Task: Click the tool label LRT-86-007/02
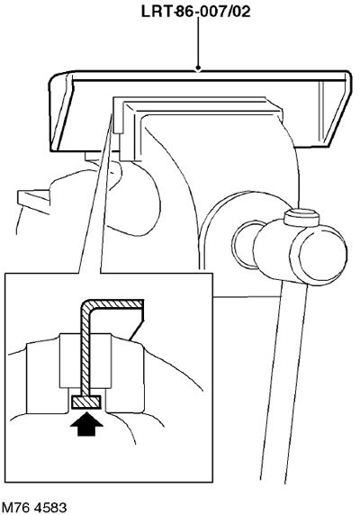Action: (x=196, y=12)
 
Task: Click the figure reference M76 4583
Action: (x=34, y=508)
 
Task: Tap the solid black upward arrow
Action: (x=86, y=424)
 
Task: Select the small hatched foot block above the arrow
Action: (x=86, y=402)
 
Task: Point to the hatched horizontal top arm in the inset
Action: (x=116, y=303)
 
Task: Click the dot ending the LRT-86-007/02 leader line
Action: (x=198, y=68)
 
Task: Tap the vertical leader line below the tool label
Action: (x=198, y=42)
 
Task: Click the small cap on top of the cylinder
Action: (x=301, y=217)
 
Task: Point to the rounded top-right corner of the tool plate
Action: (x=347, y=76)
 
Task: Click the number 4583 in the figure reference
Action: (x=50, y=508)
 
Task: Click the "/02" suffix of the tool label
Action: (x=240, y=12)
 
